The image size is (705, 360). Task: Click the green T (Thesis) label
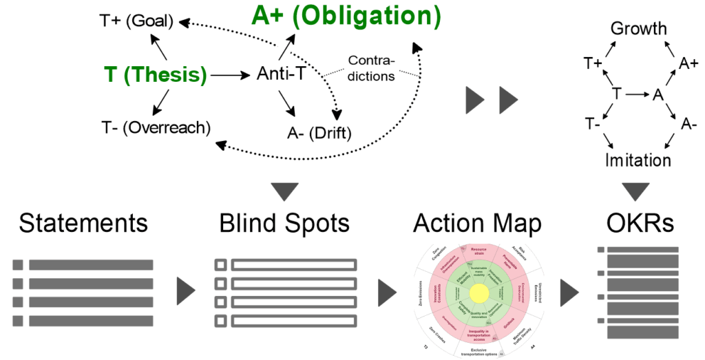[156, 74]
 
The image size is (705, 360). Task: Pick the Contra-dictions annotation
[371, 67]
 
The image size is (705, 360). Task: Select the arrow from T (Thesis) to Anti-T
[230, 74]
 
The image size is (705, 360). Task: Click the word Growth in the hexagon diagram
[639, 29]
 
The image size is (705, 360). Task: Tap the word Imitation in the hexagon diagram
[638, 160]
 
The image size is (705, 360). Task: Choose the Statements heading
[83, 224]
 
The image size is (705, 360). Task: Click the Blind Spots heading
[284, 224]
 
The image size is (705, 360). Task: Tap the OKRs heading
[638, 224]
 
